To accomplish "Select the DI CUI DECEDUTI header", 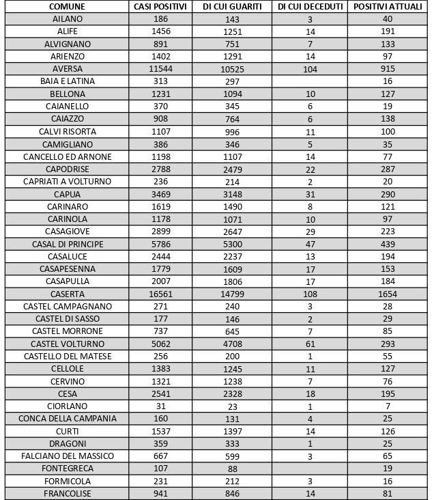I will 311,6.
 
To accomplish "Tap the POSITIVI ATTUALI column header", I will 388,6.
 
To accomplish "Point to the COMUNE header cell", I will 67,6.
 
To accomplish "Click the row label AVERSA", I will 67,69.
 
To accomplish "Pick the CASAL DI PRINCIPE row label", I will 67,244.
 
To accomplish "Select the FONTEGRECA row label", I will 67,469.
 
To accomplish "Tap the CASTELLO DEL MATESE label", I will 67,357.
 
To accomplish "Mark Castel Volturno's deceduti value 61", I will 311,344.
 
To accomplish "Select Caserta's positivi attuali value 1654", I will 388,294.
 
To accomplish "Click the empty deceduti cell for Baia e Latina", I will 311,81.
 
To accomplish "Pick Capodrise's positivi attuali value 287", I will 388,169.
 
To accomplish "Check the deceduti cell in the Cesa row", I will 311,394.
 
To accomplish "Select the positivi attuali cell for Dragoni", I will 388,444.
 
